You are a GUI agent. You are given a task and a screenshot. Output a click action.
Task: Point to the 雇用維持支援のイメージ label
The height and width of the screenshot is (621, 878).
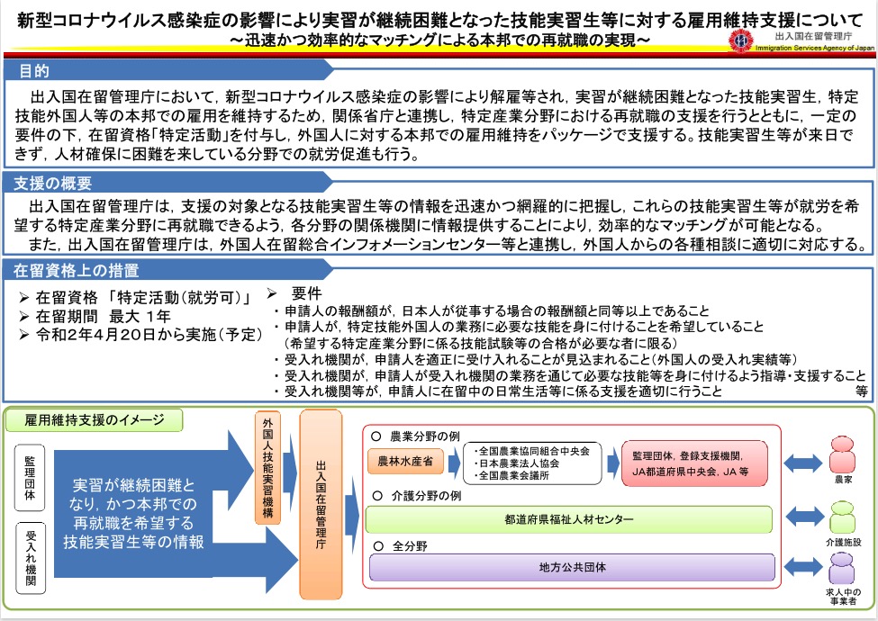click(93, 420)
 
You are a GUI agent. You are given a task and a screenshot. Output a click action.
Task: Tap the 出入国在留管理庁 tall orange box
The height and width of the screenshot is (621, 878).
click(321, 506)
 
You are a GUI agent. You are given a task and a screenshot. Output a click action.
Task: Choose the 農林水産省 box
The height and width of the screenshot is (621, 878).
click(406, 461)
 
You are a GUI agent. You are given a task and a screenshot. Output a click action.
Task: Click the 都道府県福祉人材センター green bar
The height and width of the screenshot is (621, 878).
click(569, 519)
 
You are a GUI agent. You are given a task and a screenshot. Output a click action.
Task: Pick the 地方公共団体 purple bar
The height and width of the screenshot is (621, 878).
click(569, 568)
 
